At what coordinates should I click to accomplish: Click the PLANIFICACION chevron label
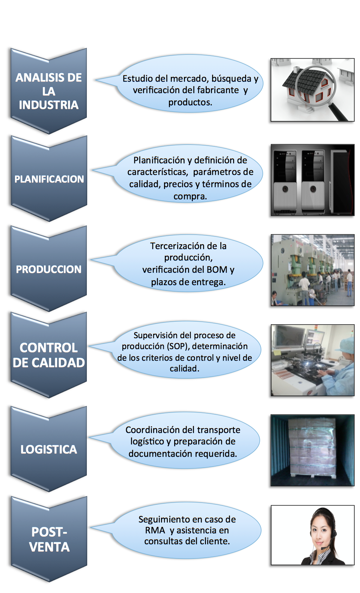pos(49,179)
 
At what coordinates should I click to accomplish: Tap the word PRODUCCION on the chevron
pos(49,269)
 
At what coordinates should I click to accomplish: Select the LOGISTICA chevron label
pos(49,449)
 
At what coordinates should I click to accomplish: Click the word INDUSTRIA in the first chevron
pos(49,105)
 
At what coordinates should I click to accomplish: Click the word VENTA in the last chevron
pos(49,547)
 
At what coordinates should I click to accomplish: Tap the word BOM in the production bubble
pos(217,269)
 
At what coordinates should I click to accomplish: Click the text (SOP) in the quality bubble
pos(178,346)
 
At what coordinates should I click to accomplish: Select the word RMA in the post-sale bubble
pos(155,530)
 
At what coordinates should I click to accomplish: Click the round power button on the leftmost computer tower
pos(285,189)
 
